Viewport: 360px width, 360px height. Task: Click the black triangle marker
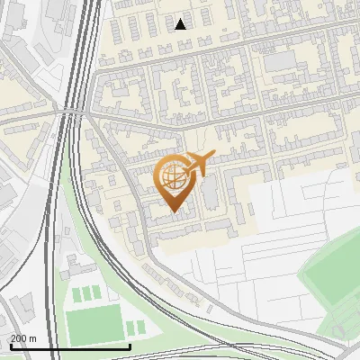(181, 24)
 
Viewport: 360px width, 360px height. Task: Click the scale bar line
(70, 346)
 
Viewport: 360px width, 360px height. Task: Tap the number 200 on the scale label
(20, 338)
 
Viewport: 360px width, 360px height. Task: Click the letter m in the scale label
(33, 338)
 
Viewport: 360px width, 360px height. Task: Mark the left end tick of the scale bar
(10, 346)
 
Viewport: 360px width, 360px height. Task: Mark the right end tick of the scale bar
(130, 346)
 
